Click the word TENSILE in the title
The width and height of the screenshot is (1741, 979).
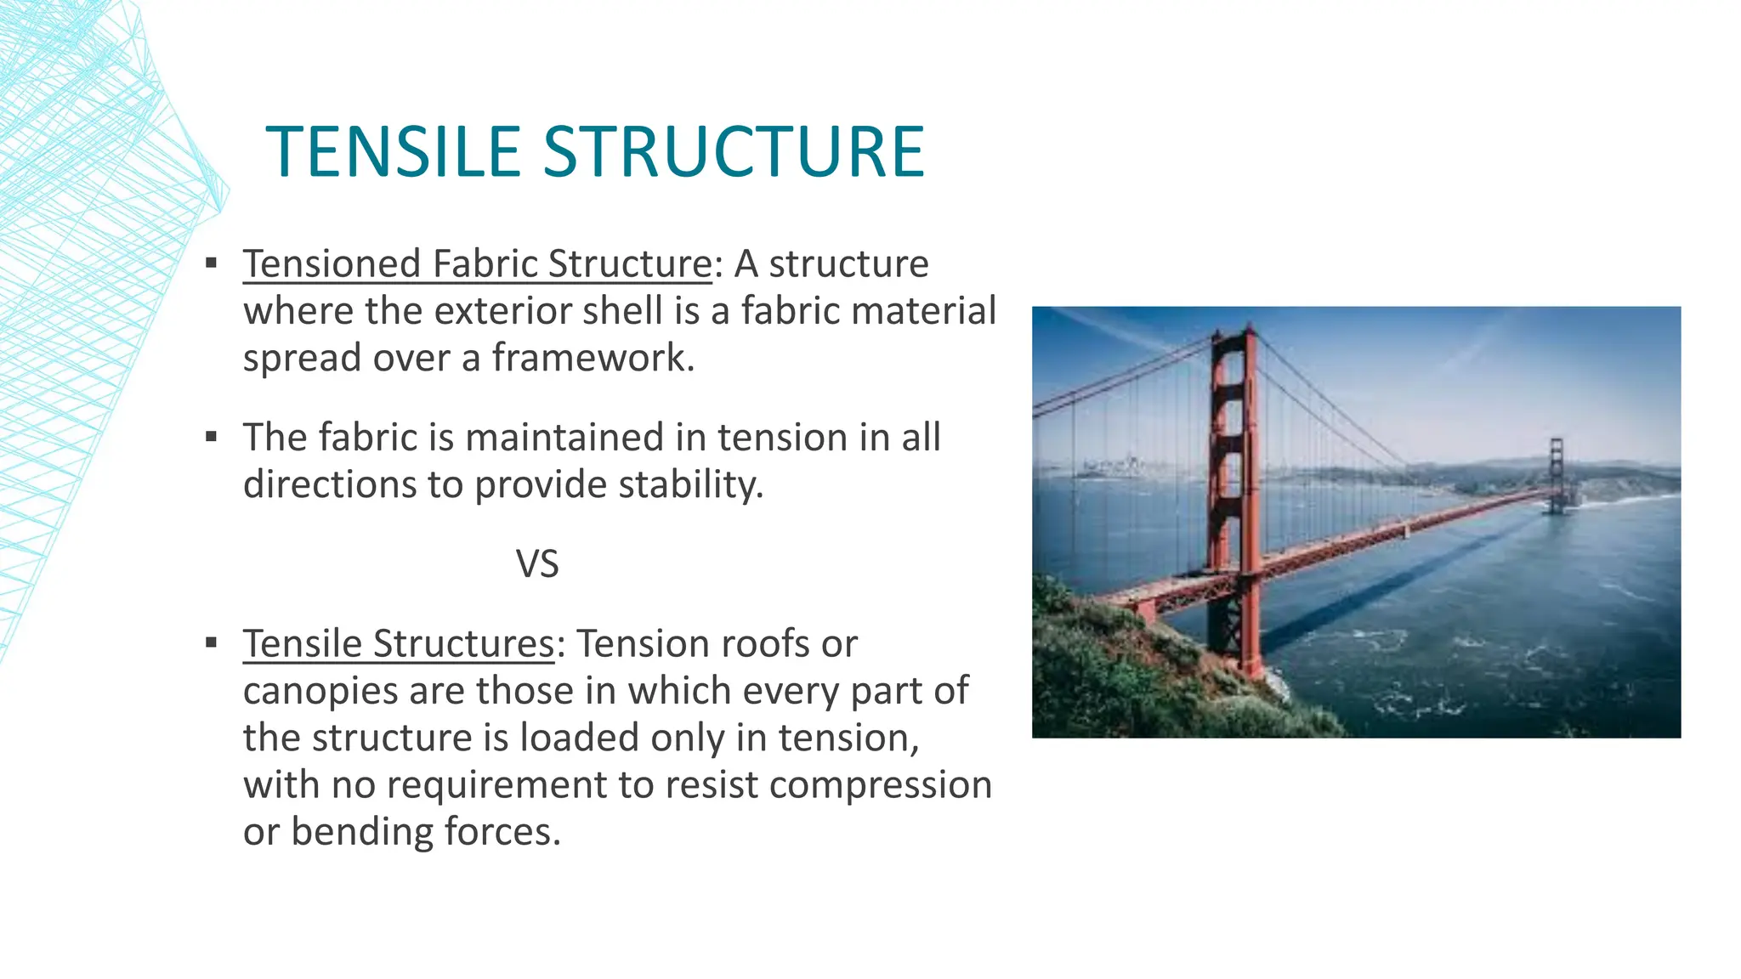[393, 152]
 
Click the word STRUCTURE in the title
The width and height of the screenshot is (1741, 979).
[734, 152]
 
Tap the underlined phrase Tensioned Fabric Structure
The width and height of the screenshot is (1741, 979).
[477, 263]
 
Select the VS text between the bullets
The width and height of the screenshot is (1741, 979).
[537, 564]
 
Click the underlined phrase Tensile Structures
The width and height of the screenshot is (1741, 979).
[399, 643]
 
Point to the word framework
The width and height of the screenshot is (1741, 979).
[593, 358]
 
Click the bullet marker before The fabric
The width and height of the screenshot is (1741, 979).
[212, 438]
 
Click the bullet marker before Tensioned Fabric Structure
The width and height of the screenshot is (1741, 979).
[212, 263]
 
